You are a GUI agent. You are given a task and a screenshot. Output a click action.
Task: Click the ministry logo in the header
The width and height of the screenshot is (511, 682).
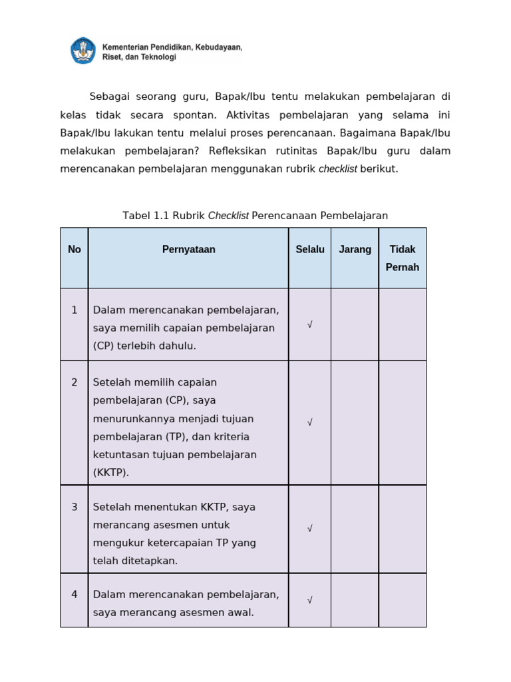(x=83, y=51)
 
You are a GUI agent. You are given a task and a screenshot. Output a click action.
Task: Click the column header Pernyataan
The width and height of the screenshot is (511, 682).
(x=188, y=250)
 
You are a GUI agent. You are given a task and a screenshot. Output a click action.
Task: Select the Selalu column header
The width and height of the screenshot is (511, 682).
(x=310, y=250)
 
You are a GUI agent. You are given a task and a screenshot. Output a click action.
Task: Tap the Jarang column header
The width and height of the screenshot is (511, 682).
(x=355, y=250)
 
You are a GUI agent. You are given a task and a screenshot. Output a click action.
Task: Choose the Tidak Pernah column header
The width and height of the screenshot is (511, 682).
(x=403, y=258)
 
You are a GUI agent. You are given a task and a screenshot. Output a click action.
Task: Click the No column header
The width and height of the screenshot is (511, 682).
(x=75, y=250)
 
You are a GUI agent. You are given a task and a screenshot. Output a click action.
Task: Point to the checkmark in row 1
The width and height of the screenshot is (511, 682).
(x=309, y=325)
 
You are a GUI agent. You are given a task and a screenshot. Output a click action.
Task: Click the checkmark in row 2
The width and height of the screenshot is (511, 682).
(x=309, y=423)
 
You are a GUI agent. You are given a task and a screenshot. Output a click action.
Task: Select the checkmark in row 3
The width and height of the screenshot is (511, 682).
(x=309, y=529)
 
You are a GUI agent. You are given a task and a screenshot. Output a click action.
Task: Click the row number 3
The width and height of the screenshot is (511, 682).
(x=75, y=507)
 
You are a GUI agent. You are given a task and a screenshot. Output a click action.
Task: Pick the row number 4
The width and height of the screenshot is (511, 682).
(x=75, y=594)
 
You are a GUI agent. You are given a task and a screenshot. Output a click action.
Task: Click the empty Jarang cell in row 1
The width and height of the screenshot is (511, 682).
(x=355, y=325)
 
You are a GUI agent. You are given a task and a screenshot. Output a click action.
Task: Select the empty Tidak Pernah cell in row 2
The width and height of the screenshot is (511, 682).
(x=403, y=423)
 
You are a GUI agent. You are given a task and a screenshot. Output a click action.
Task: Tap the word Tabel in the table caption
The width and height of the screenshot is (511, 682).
(x=136, y=216)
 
